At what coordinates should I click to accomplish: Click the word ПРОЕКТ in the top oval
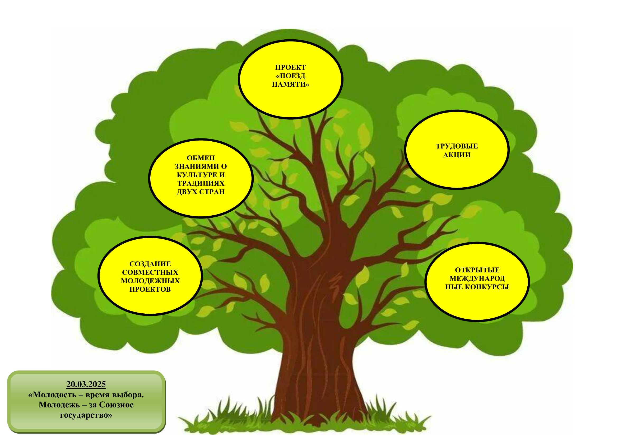(290, 67)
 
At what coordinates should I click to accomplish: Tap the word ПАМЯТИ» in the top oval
(290, 85)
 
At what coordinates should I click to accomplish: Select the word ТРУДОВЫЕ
(457, 146)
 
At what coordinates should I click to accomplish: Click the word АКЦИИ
(457, 155)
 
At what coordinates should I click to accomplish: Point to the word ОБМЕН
(201, 158)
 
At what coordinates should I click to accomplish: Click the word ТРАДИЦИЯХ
(201, 184)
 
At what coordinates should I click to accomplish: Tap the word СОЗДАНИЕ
(150, 264)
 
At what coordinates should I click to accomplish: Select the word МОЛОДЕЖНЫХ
(150, 281)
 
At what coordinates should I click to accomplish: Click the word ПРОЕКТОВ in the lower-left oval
(150, 290)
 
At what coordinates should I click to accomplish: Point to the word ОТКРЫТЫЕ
(477, 270)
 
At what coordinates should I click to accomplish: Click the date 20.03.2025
(86, 384)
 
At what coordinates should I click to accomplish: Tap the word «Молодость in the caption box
(52, 395)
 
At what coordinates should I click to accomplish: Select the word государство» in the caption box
(86, 415)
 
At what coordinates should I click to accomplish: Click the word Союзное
(116, 405)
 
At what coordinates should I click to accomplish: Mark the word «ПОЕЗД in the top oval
(290, 76)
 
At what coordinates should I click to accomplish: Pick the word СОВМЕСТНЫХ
(150, 272)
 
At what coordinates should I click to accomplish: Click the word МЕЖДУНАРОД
(477, 278)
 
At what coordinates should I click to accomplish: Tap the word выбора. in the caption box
(128, 395)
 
